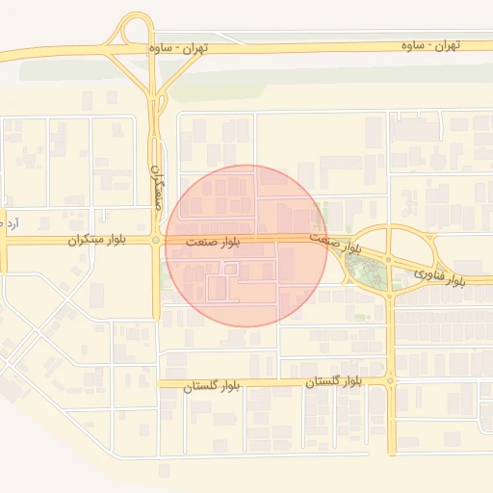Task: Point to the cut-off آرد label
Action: click(12, 223)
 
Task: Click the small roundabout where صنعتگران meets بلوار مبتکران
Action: click(156, 240)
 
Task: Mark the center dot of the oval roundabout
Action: click(388, 259)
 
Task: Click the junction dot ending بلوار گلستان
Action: click(390, 381)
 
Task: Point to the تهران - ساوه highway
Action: click(289, 48)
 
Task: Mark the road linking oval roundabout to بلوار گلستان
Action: click(390, 327)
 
